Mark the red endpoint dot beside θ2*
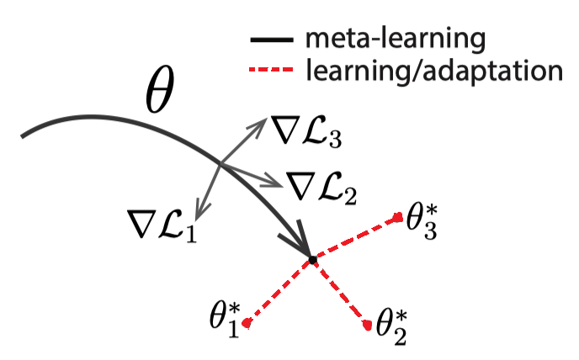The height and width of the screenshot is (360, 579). tap(368, 325)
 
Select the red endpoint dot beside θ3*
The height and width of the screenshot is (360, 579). tap(397, 218)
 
